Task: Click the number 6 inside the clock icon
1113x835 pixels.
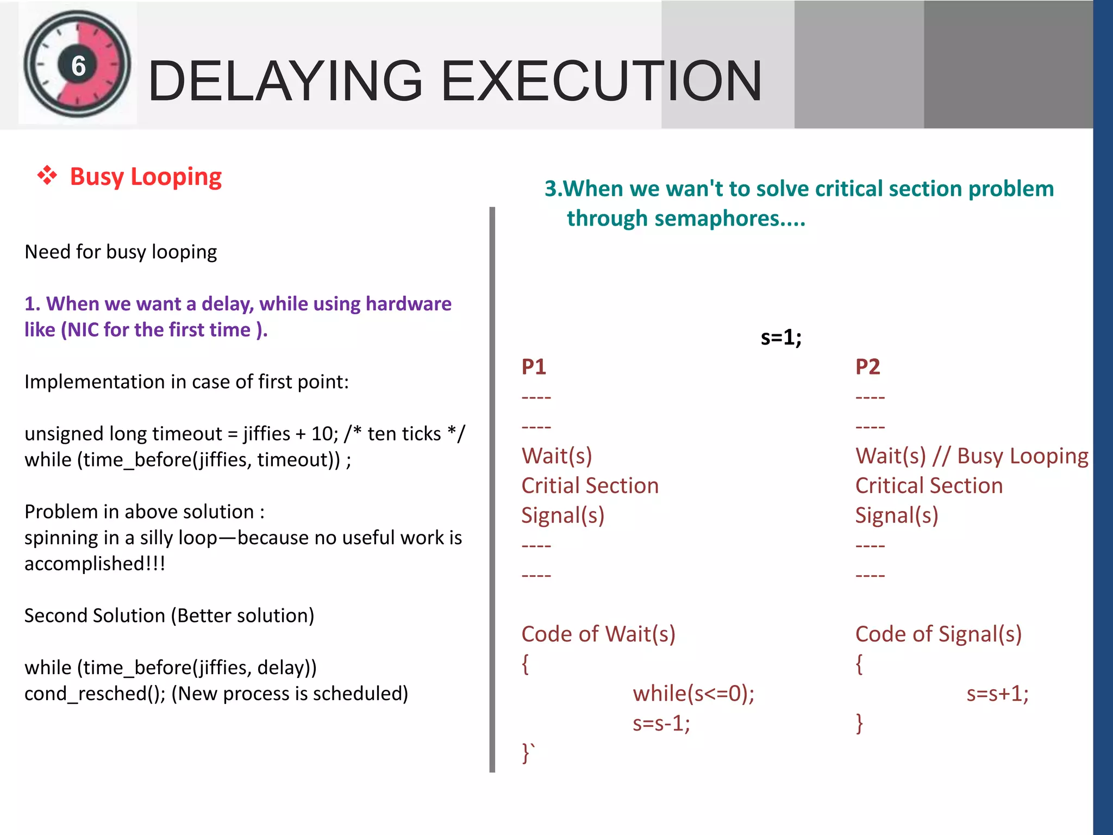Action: coord(79,66)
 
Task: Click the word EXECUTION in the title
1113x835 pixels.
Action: coord(602,82)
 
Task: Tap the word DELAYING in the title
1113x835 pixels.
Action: coord(285,82)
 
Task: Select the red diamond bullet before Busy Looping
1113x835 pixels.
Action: coord(47,176)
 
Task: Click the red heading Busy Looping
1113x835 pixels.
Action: coord(146,177)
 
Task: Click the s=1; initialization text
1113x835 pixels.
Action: coord(781,338)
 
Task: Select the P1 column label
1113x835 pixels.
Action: coord(534,367)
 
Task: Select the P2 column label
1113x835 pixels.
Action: coord(867,367)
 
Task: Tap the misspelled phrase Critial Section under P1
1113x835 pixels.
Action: coord(590,485)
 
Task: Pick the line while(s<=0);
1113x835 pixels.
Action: coord(693,694)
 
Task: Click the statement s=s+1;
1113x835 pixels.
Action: coord(997,694)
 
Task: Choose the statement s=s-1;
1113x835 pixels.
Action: coord(661,724)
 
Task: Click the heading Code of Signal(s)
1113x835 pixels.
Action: coord(938,634)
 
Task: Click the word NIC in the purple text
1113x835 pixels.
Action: coord(83,330)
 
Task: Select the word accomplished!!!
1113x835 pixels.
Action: coord(95,564)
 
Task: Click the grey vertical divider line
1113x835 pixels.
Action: coord(492,489)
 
